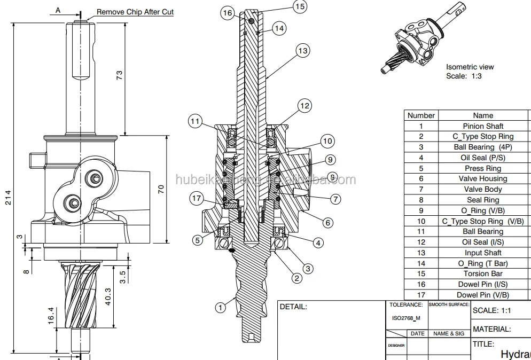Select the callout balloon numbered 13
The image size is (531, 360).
click(303, 51)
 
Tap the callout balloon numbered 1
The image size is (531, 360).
click(220, 307)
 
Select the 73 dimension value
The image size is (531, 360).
click(119, 75)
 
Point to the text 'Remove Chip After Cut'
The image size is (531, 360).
click(135, 12)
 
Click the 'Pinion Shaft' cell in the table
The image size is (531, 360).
click(483, 126)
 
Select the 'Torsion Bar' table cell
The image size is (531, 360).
click(483, 273)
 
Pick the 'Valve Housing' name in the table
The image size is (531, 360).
click(483, 178)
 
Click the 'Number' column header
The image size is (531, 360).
click(421, 115)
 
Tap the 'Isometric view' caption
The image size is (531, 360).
click(470, 67)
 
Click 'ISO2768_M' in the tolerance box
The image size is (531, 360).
click(406, 318)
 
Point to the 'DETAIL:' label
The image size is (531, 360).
click(293, 307)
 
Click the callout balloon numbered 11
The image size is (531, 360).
click(196, 122)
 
